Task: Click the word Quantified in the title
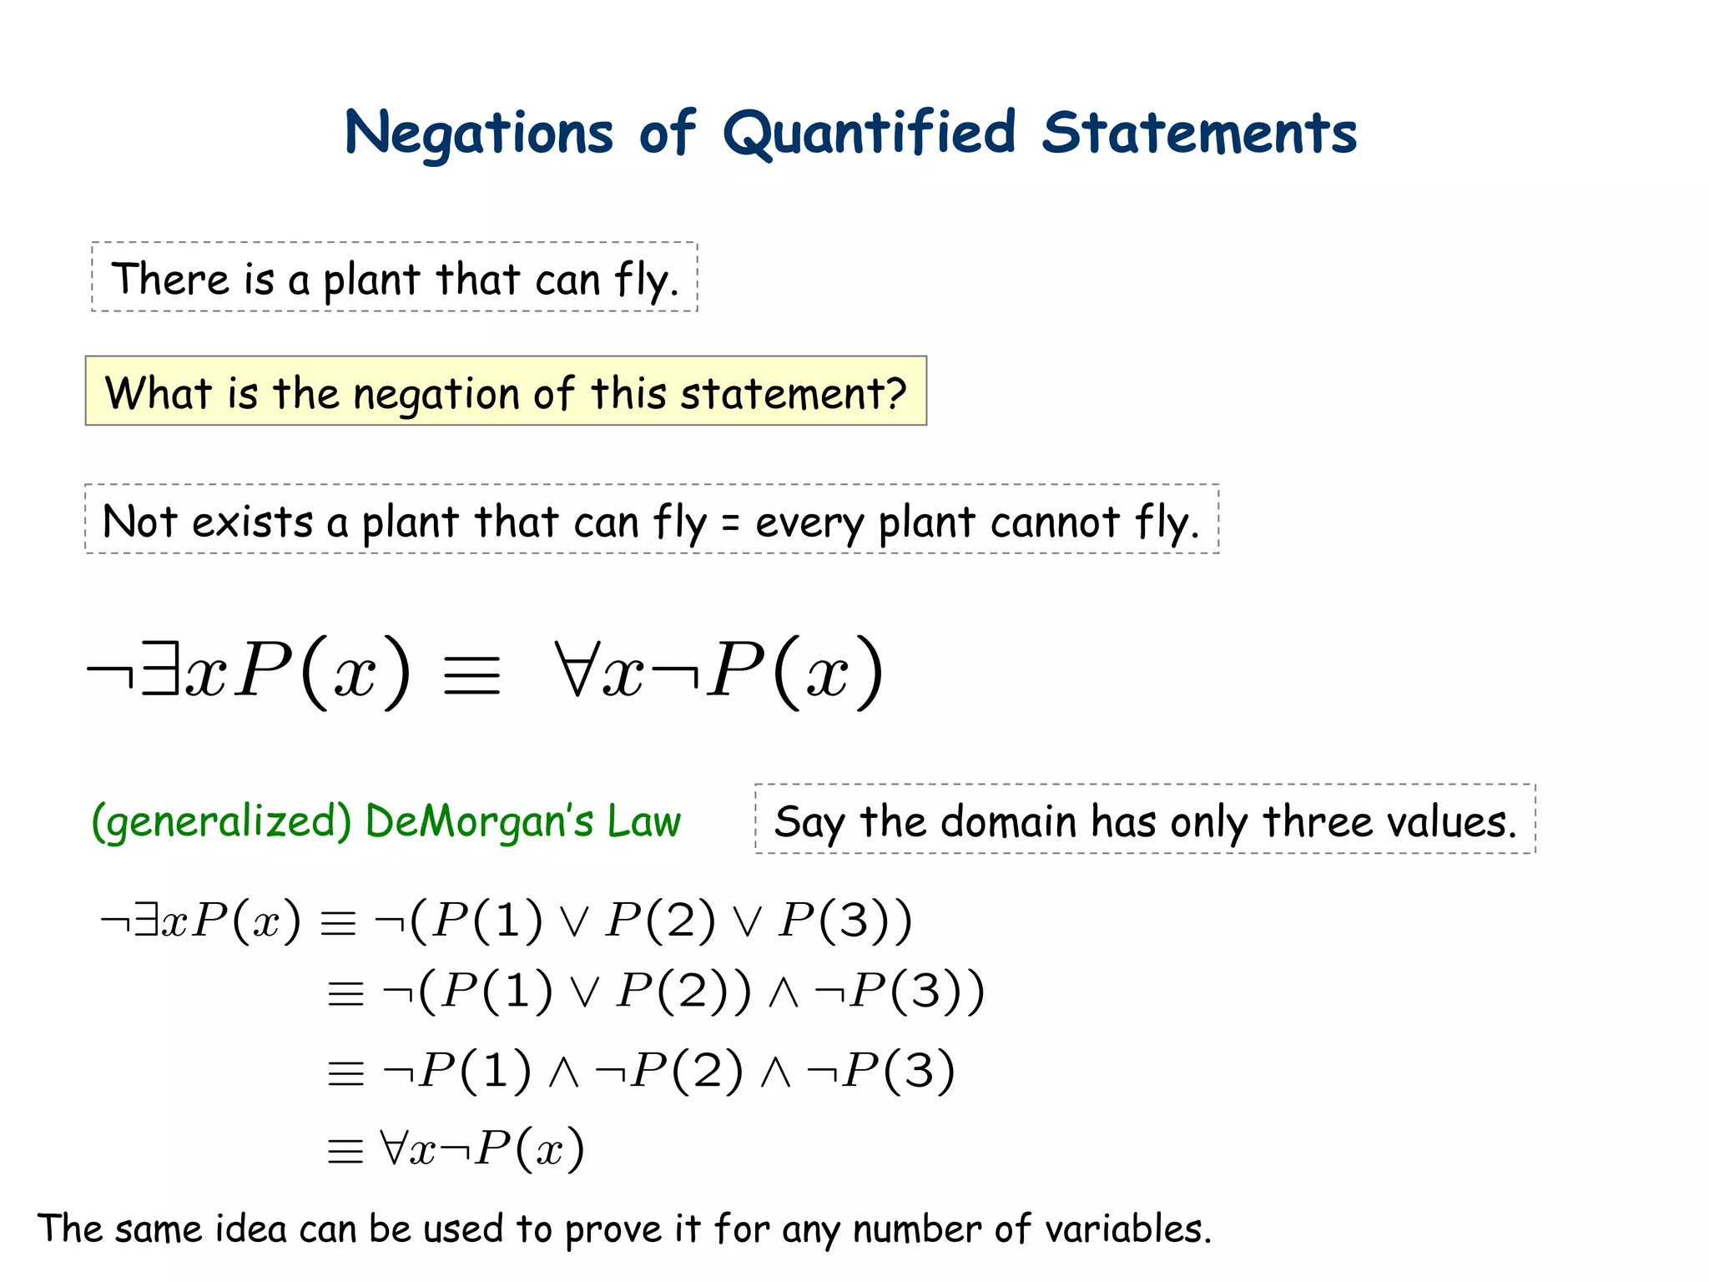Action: point(868,134)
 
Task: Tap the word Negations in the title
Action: point(479,134)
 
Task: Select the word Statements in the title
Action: point(1199,134)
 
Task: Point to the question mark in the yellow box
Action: point(895,392)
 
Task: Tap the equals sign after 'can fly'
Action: point(730,523)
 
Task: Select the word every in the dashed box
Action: point(809,524)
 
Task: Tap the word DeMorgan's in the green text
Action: point(479,821)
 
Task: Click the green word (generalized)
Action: point(221,821)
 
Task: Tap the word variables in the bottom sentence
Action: point(1127,1229)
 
